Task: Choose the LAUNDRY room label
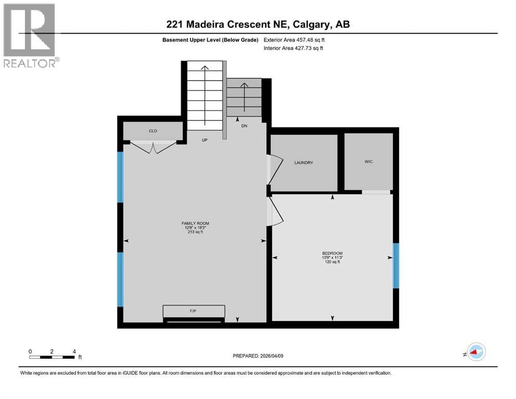pos(303,163)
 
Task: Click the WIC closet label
pos(368,162)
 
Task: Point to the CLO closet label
pos(153,131)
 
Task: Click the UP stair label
pos(205,140)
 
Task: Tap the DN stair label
pos(244,126)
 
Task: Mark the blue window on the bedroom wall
pos(395,265)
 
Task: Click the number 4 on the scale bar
pos(74,351)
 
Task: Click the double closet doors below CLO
pos(153,148)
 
